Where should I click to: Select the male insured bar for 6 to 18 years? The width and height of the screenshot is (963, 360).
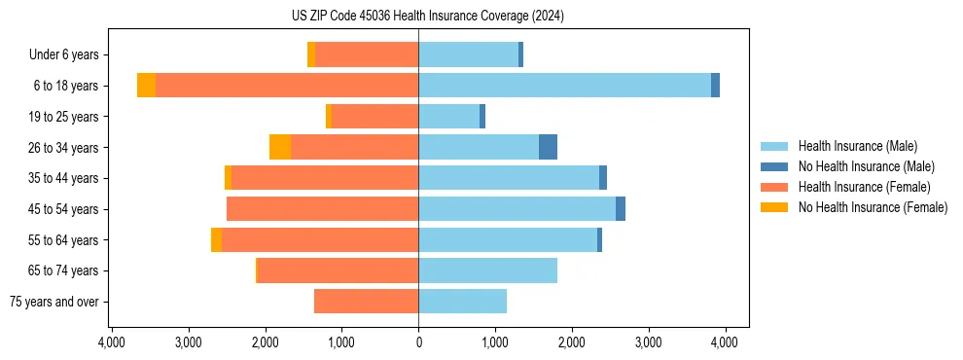click(x=564, y=86)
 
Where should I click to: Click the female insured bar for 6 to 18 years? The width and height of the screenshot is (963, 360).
click(x=287, y=86)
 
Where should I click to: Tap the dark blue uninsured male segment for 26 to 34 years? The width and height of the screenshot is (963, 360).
click(x=548, y=147)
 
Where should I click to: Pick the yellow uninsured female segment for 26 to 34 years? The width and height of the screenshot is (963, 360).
click(x=280, y=147)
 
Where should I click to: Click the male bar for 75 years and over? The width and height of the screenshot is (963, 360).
click(x=462, y=302)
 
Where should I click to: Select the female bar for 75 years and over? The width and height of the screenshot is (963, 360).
click(x=367, y=302)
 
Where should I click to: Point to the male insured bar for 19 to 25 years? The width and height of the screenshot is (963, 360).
click(x=449, y=117)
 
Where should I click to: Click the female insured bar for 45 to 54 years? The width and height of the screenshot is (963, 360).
click(x=323, y=209)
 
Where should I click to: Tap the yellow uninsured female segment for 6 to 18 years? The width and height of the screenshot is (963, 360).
click(x=146, y=86)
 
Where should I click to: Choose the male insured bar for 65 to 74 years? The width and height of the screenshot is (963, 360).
click(x=487, y=270)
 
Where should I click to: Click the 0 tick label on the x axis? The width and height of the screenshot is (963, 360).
click(x=418, y=342)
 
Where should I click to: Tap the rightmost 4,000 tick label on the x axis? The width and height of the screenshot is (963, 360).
click(x=724, y=342)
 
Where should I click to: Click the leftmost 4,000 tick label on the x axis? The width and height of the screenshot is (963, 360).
click(x=111, y=342)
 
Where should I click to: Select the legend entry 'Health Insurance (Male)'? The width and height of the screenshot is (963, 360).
click(x=857, y=146)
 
